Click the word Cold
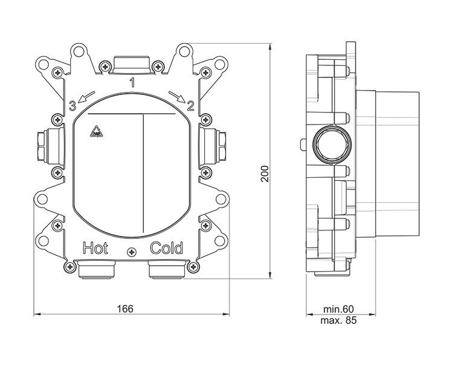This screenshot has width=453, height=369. (x=167, y=247)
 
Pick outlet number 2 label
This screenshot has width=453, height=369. (x=191, y=107)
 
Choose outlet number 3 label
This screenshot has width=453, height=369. (x=72, y=107)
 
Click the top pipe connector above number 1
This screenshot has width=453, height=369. (x=132, y=63)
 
